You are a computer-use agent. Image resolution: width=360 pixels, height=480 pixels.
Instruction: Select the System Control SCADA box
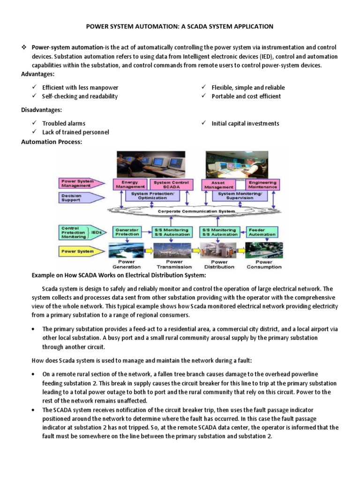172,184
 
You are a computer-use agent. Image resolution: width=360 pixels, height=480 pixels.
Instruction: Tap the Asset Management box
218,184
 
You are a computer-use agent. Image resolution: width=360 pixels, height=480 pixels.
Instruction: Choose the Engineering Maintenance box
262,184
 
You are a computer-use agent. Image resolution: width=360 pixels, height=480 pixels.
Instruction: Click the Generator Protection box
127,232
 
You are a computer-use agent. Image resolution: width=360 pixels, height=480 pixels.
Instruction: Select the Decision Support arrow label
75,198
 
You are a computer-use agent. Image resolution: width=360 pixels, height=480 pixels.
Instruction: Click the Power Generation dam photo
127,251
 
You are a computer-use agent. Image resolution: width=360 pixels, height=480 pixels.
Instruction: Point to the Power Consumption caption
263,264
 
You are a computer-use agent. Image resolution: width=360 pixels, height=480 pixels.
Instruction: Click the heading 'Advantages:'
37,75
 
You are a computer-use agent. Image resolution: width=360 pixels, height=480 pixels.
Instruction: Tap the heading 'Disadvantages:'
41,110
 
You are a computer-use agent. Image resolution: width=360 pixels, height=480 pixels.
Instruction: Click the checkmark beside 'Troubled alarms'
34,123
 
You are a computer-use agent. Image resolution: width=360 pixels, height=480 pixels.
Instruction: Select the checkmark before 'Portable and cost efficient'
204,96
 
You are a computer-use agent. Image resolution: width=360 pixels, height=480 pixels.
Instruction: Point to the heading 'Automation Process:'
52,142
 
